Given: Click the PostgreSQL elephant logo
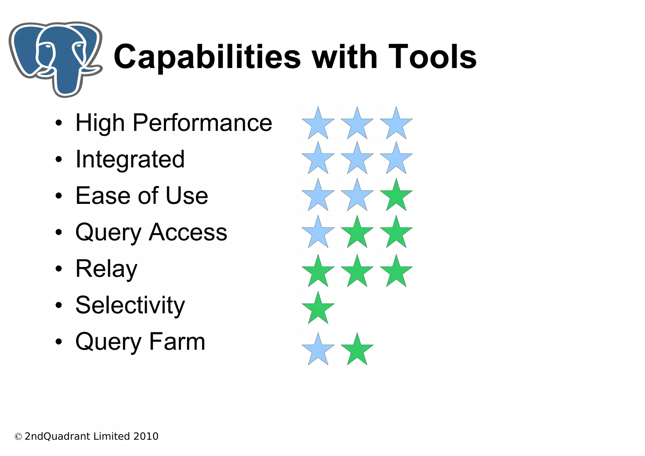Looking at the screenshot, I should click(55, 58).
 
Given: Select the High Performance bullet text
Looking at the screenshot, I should click(174, 123).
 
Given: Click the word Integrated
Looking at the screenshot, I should click(130, 159).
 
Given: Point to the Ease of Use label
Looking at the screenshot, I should click(142, 196).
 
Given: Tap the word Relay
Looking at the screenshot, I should click(106, 269).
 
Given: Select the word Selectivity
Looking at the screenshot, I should click(130, 305).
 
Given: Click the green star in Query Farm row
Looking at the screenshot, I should click(357, 350).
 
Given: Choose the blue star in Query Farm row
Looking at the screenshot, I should click(318, 350).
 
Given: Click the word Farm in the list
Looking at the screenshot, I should click(177, 342).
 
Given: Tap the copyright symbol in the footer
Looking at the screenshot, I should click(18, 437).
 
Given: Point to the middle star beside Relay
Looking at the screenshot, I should click(357, 272).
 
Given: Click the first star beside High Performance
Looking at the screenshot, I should click(318, 124).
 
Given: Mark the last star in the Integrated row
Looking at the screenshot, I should click(396, 159).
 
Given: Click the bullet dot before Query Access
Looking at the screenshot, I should click(59, 233).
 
